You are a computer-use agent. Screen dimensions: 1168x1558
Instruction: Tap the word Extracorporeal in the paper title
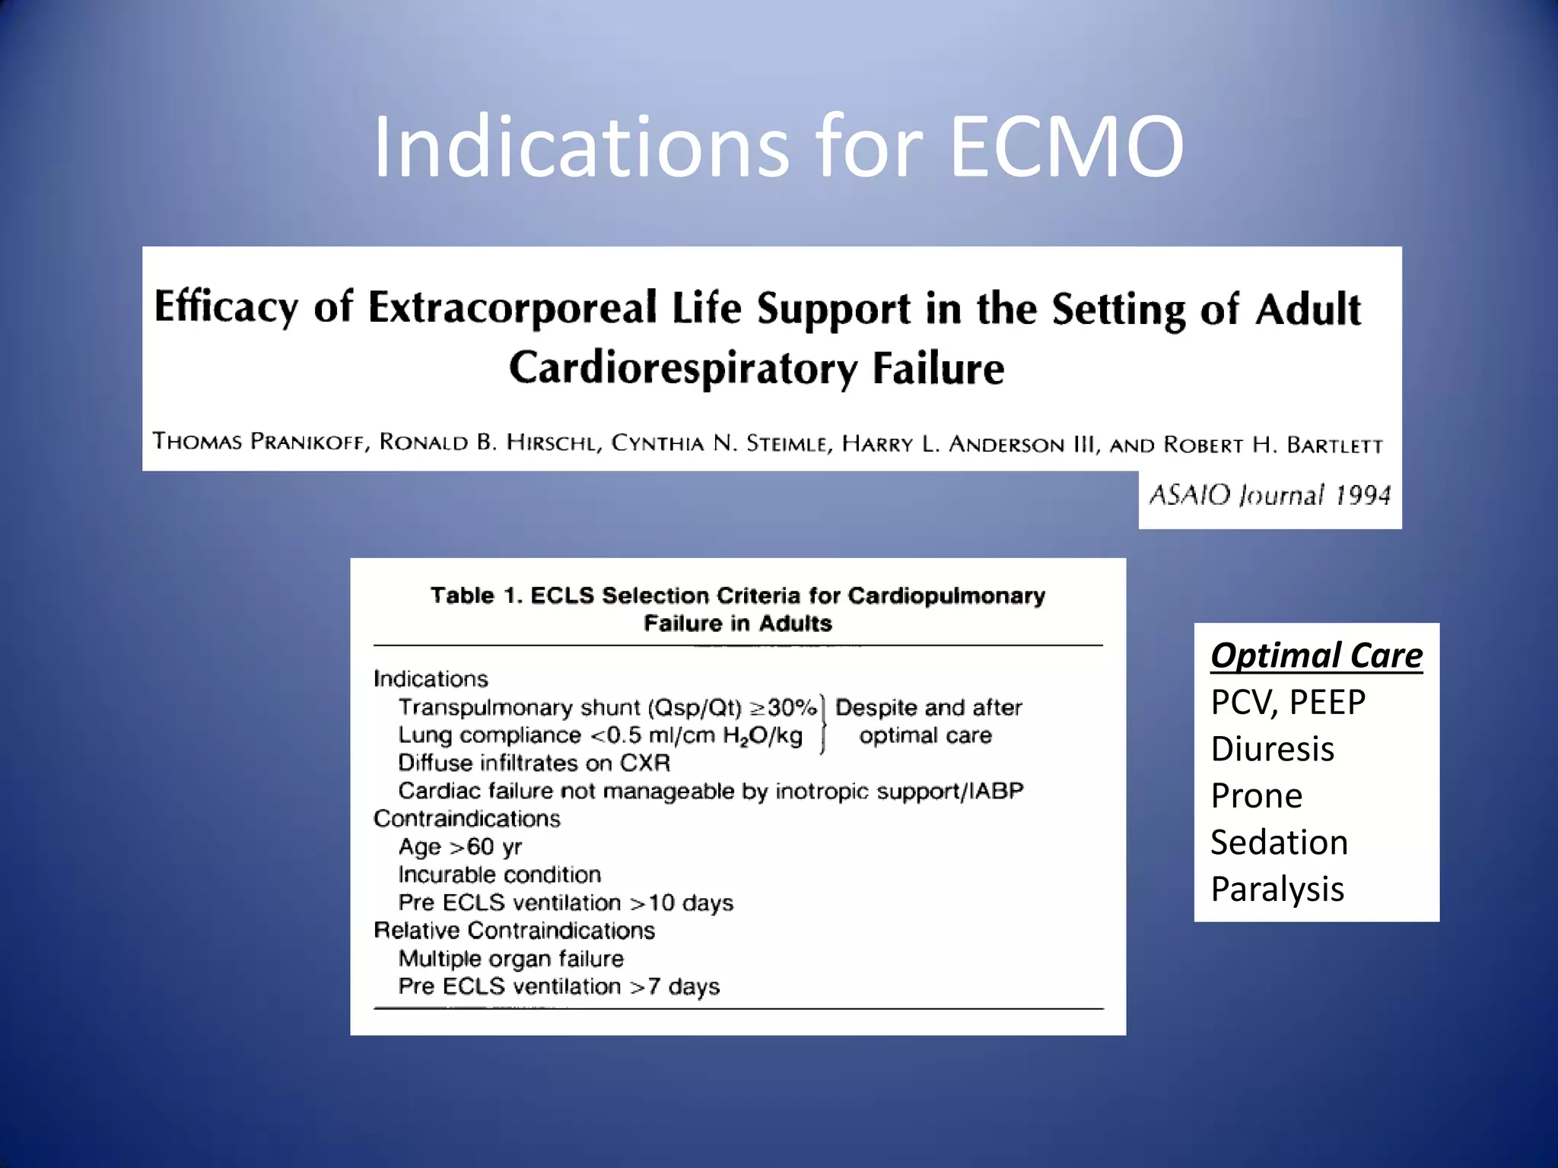coord(512,307)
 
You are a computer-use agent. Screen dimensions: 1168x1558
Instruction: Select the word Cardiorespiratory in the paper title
coord(682,368)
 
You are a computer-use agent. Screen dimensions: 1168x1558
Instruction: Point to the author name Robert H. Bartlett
coord(1273,444)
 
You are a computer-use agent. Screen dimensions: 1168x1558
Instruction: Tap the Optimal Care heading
coord(1316,655)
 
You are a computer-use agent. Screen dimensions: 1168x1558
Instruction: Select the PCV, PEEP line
coord(1288,702)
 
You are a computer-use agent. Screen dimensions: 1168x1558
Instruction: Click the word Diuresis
coord(1272,749)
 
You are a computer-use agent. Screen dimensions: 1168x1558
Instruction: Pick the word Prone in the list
coord(1257,796)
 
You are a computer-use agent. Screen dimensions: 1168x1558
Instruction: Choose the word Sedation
coord(1279,843)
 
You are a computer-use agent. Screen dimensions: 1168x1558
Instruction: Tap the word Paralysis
coord(1277,889)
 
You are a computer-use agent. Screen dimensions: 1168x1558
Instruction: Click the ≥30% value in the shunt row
coord(783,707)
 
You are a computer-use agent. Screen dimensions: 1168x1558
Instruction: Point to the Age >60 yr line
coord(459,846)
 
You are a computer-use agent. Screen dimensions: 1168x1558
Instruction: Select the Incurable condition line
coord(499,874)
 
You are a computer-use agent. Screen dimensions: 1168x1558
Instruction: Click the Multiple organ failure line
coord(510,958)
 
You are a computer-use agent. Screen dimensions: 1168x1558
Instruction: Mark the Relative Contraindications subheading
coord(514,930)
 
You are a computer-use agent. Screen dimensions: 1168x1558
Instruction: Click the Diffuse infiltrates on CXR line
coord(533,763)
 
